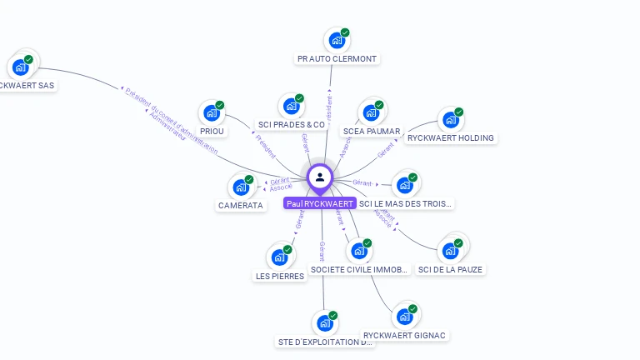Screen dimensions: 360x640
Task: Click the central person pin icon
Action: tap(320, 177)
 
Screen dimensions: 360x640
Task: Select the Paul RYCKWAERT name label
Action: tap(320, 203)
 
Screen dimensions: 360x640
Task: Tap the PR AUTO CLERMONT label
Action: tap(337, 59)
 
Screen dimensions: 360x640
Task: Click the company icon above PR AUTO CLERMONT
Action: tap(336, 40)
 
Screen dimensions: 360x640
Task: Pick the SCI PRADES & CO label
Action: tap(291, 125)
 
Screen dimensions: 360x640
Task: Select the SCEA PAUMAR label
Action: tap(372, 132)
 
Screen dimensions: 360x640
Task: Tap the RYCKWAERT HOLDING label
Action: tap(451, 138)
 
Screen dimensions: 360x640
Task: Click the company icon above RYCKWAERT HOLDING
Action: tap(450, 119)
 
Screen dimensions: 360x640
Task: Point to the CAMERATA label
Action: tap(241, 206)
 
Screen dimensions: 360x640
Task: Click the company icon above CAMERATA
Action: tap(240, 187)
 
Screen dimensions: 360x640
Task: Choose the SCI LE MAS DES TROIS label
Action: tap(407, 203)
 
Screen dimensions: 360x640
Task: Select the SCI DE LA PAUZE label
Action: tap(451, 270)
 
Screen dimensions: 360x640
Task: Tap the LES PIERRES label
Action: tap(279, 276)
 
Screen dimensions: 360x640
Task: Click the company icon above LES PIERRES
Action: tap(279, 257)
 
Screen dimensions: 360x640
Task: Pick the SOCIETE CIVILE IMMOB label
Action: tap(359, 270)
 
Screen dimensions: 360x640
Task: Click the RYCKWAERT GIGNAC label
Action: tap(405, 336)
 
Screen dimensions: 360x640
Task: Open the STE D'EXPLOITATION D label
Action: tap(325, 342)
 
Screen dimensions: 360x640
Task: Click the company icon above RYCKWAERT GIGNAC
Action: tap(405, 317)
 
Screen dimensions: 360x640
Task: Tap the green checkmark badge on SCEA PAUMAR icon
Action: tap(379, 105)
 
